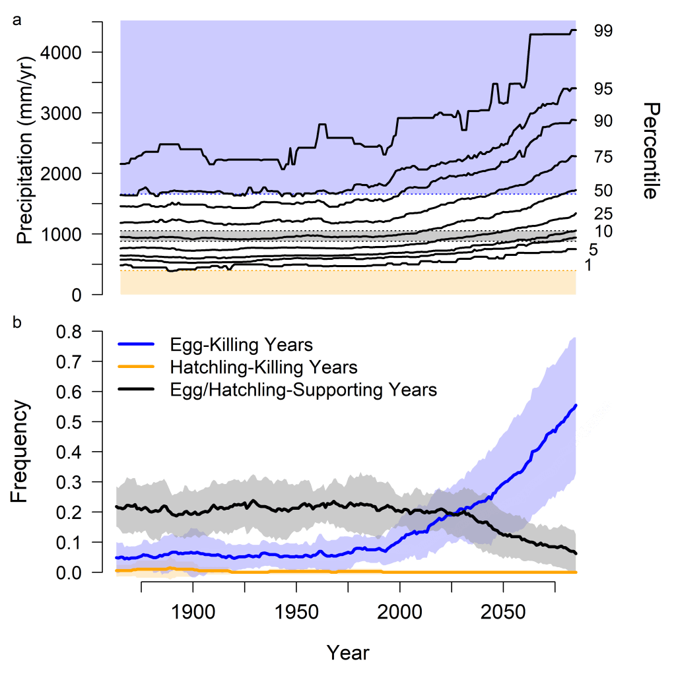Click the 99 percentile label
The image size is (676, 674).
603,30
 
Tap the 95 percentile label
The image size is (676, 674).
603,89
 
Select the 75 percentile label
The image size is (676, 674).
603,157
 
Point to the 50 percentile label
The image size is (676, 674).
603,191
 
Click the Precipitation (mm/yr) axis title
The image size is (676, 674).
25,158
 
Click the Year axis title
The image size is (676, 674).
348,653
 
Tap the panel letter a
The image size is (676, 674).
17,20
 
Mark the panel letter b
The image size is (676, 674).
17,322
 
